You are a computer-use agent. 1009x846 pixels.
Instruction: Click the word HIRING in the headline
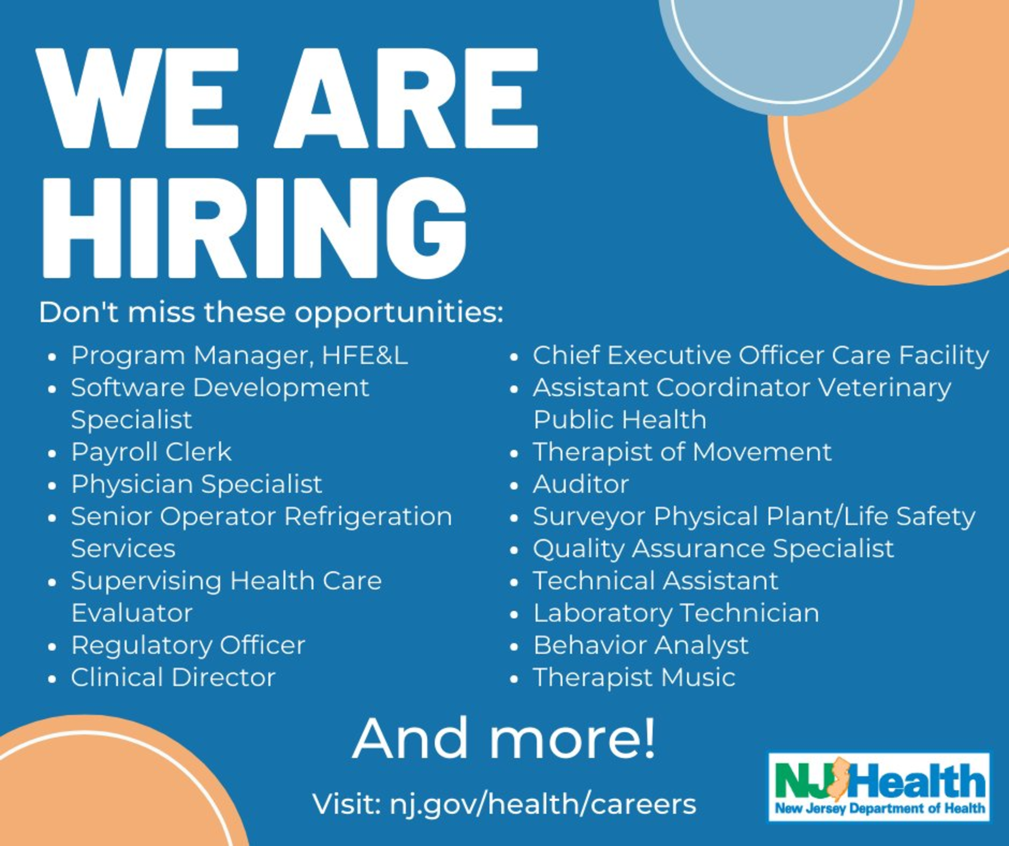pos(255,227)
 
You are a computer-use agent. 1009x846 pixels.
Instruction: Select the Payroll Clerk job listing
pos(151,452)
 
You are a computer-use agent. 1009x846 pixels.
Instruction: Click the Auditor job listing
pos(580,484)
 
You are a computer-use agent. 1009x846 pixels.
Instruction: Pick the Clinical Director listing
pos(173,677)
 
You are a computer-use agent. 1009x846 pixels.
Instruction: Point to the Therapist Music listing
pos(634,678)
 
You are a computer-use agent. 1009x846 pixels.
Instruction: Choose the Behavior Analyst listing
pos(641,646)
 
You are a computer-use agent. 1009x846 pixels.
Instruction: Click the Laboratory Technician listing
pos(676,613)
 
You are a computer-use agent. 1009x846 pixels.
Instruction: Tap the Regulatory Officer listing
pos(188,646)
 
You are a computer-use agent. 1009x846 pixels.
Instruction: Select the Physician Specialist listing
pos(196,484)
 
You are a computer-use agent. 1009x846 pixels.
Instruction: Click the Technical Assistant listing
pos(655,581)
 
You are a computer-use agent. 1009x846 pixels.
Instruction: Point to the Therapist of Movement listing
pos(682,452)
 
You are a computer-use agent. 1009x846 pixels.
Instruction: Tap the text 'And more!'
pos(504,738)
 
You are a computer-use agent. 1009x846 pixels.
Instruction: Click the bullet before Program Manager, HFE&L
pos(53,358)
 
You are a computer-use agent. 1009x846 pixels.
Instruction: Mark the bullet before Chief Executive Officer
pos(515,358)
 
